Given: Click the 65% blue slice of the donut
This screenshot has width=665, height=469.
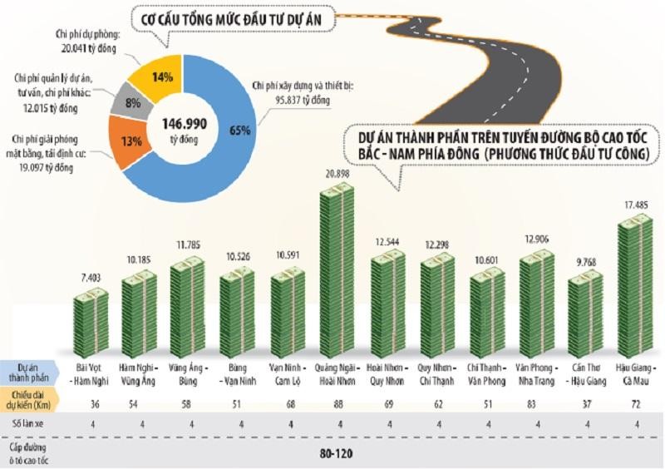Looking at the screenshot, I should (223, 146).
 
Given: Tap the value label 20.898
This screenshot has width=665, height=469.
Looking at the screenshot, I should (337, 171).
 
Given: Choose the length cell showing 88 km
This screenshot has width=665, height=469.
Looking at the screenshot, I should (337, 403).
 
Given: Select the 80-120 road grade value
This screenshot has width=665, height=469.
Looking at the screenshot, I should (337, 454).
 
